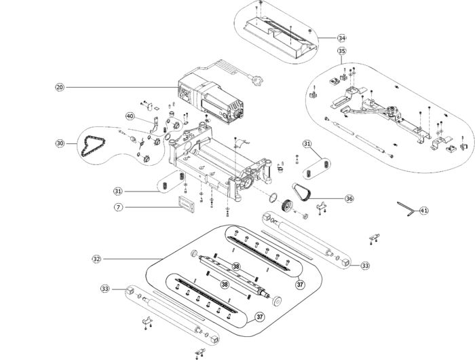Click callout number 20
coord(60,88)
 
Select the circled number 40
coord(130,116)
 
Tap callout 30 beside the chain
coord(60,143)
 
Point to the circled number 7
coord(119,207)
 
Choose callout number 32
coord(96,259)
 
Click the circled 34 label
coord(342,38)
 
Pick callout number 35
coord(342,51)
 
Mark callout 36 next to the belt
coord(349,198)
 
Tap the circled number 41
coord(424,211)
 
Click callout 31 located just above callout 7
coord(118,192)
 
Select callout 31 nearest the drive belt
coord(307,144)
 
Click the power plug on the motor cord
coord(258,80)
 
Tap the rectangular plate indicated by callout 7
coord(187,204)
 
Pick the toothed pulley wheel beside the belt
coord(286,206)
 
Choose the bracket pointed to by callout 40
coord(155,125)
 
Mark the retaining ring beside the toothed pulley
coord(273,198)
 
